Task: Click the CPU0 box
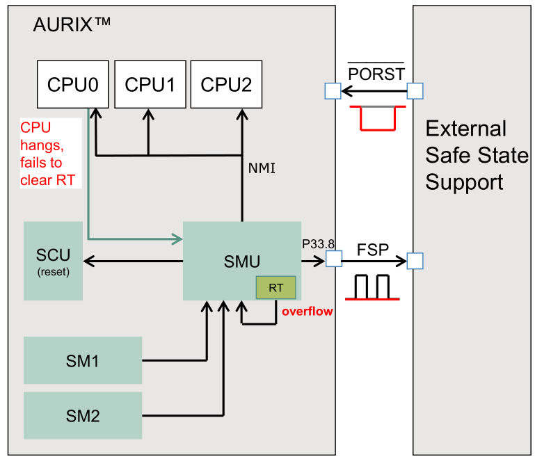pyautogui.click(x=72, y=84)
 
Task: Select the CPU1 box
pyautogui.click(x=149, y=84)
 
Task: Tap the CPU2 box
pyautogui.click(x=226, y=84)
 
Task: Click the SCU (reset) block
pyautogui.click(x=53, y=261)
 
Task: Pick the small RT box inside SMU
pyautogui.click(x=276, y=287)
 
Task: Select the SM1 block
pyautogui.click(x=83, y=360)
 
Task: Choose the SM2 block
pyautogui.click(x=83, y=416)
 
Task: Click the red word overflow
pyautogui.click(x=307, y=312)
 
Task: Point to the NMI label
pyautogui.click(x=262, y=168)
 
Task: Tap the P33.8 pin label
pyautogui.click(x=319, y=243)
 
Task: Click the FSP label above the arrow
pyautogui.click(x=373, y=249)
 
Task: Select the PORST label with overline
pyautogui.click(x=376, y=73)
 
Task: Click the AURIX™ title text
pyautogui.click(x=72, y=26)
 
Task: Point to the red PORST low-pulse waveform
pyautogui.click(x=376, y=118)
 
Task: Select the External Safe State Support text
pyautogui.click(x=477, y=155)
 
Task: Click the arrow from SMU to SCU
pyautogui.click(x=132, y=261)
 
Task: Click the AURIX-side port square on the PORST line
pyautogui.click(x=332, y=91)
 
